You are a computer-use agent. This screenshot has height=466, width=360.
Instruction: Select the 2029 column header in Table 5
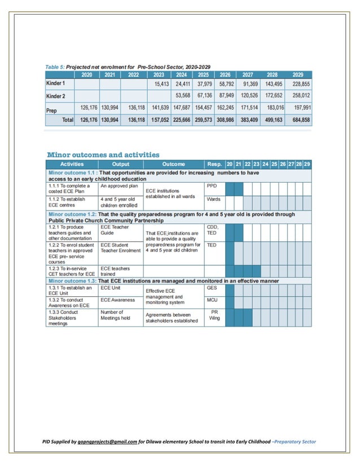pos(298,74)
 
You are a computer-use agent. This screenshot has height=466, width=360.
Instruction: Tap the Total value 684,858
pos(298,120)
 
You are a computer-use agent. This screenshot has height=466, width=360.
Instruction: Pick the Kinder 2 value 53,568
pos(182,95)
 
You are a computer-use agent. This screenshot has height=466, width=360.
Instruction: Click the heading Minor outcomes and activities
pos(103,155)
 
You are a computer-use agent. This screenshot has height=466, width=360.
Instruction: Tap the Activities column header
pos(72,164)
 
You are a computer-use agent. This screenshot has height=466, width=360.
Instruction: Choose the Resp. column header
pos(214,164)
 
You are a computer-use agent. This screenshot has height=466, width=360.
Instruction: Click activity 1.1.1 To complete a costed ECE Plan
pos(71,188)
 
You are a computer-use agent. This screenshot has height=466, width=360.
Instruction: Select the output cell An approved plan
pos(119,186)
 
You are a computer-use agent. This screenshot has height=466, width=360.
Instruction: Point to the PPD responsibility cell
pos(212,185)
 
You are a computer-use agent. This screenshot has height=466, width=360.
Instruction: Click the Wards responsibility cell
pos(213,199)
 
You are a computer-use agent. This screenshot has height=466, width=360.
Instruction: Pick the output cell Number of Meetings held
pos(116,315)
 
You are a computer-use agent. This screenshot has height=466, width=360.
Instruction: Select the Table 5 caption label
pos(54,67)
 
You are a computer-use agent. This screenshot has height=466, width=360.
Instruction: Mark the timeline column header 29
pos(306,164)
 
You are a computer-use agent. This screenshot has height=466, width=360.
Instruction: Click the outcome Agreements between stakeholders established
pos(172,318)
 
